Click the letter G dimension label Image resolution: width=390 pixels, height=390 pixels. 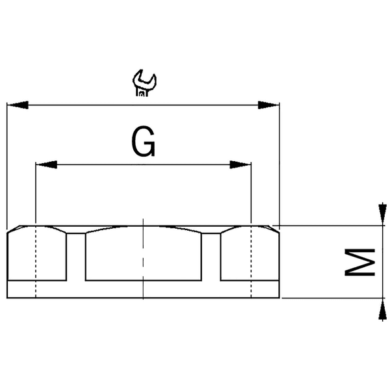point(143,141)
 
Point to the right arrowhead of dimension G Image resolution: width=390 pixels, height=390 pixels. point(241,164)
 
